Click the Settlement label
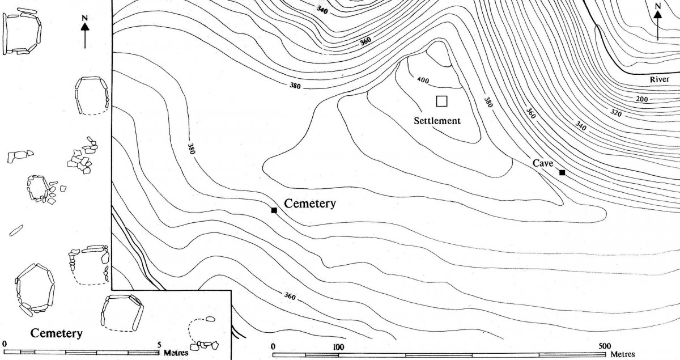click(437, 121)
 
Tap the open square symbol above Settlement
click(442, 101)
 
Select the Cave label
click(542, 163)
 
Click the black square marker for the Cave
click(562, 172)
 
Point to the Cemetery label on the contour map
click(310, 204)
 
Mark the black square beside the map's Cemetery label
click(274, 210)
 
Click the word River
click(660, 79)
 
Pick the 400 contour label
click(423, 80)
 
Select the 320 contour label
click(616, 112)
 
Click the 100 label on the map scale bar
click(338, 346)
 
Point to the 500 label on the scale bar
click(604, 346)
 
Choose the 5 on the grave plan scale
click(159, 344)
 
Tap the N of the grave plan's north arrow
click(84, 18)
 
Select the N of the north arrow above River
click(657, 7)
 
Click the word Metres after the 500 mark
click(624, 354)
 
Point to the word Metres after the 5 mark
click(176, 353)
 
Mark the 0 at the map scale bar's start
click(274, 346)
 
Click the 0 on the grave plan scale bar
click(5, 344)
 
